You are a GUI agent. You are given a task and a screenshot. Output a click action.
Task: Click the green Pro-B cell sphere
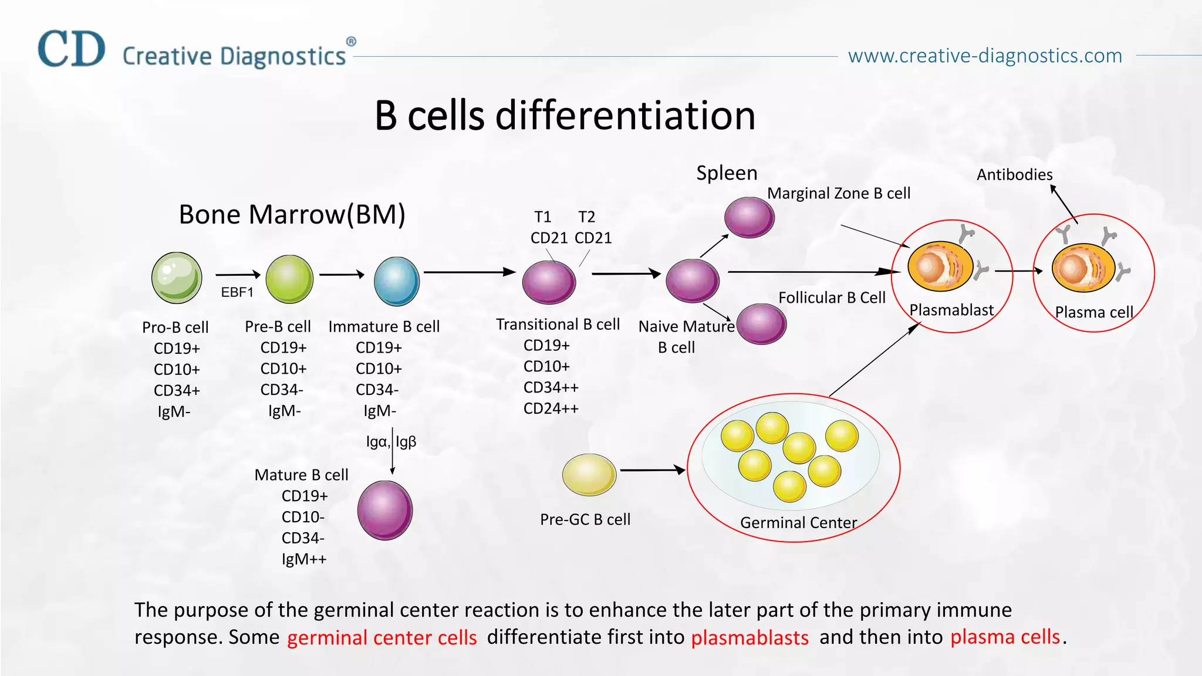pos(177,278)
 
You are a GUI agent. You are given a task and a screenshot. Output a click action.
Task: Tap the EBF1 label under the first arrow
pos(237,292)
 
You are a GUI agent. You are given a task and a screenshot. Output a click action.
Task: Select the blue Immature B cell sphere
pos(397,281)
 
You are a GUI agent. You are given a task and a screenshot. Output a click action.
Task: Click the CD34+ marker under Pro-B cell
pos(177,391)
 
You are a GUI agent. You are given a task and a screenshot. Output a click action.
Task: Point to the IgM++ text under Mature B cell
pos(303,559)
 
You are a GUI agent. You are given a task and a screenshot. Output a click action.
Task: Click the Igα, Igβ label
pos(391,442)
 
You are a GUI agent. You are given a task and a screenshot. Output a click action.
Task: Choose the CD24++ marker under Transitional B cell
pos(551,408)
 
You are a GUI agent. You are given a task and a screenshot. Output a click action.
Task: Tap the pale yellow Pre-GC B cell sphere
pos(589,474)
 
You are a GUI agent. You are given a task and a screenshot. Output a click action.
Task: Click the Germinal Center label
pos(798,523)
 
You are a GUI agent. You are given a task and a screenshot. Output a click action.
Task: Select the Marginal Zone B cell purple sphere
pos(749,217)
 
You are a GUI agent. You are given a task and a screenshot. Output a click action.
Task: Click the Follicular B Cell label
pos(832,298)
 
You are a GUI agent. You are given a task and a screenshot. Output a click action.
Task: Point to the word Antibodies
pos(1014,175)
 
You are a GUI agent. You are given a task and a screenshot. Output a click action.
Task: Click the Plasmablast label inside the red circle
pos(951,310)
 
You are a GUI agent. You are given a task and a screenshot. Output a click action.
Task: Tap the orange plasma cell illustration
pos(1083,268)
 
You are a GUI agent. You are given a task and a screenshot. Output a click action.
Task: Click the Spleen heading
pos(727,173)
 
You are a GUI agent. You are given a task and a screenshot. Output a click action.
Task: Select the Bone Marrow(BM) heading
pos(292,215)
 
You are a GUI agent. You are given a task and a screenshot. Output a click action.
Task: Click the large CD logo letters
pos(72,49)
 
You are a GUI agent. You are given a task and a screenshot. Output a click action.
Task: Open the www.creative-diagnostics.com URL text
pos(985,56)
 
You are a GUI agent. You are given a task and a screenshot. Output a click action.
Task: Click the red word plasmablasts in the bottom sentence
pos(749,638)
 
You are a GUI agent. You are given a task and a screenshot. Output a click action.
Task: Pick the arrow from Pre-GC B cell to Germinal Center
pos(652,470)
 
